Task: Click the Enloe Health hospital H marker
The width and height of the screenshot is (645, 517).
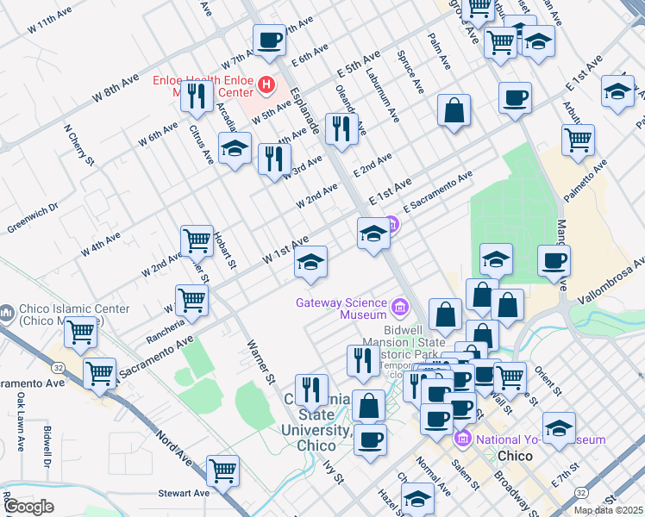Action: (266, 86)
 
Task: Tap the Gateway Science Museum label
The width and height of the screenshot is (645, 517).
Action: (341, 308)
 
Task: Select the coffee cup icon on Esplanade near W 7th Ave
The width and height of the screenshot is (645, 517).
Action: (269, 39)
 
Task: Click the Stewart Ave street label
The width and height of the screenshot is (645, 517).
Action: (184, 494)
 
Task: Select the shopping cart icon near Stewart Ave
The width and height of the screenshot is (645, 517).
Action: (223, 470)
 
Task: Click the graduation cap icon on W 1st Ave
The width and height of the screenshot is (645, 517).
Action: (310, 261)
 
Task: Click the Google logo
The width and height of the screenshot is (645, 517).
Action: (28, 507)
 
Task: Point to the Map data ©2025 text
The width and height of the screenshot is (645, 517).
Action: (609, 510)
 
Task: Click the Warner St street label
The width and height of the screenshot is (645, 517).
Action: (259, 363)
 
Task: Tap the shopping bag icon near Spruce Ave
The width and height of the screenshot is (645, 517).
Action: (454, 110)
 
